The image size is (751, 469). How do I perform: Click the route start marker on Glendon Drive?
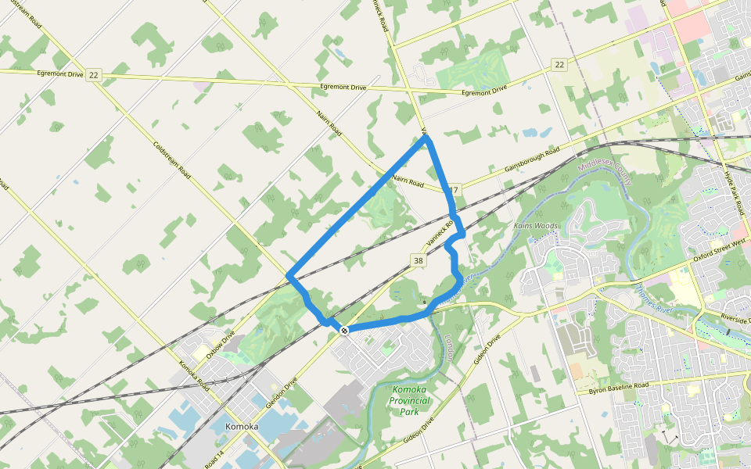(343, 331)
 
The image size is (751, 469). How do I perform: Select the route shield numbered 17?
(453, 190)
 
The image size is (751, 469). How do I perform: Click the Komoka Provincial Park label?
(411, 400)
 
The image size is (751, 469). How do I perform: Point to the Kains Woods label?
(536, 226)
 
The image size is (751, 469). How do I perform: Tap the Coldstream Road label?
(173, 160)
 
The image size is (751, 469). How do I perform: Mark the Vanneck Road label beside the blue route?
(440, 232)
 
